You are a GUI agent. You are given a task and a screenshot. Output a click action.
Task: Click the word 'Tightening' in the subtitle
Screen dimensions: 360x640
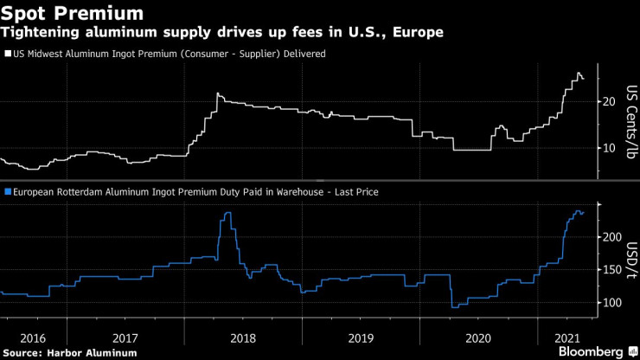click(37, 33)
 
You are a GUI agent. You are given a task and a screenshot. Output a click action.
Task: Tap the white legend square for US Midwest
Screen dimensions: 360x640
click(8, 53)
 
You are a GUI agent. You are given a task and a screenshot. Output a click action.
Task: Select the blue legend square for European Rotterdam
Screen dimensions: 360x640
click(8, 191)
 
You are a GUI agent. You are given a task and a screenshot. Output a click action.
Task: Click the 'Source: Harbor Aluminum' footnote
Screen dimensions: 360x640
click(70, 352)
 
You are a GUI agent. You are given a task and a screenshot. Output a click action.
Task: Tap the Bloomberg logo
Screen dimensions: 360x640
click(591, 351)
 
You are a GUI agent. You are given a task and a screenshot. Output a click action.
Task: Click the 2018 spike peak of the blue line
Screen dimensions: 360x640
click(227, 212)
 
